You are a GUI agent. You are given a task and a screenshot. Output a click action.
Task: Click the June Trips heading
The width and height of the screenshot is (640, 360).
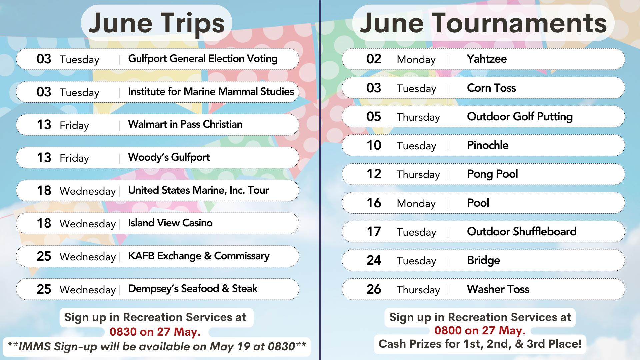tap(157, 23)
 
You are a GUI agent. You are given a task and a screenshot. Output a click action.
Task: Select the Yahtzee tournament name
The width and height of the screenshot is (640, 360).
tap(487, 59)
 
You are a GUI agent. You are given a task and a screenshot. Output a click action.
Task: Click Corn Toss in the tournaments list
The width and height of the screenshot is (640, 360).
tap(491, 88)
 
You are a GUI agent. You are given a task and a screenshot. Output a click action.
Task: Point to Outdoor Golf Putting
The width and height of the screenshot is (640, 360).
tap(520, 117)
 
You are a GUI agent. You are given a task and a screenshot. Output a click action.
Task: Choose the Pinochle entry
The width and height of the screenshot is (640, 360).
tap(488, 145)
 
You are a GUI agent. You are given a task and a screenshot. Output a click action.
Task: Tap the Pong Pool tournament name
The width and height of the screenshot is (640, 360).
tap(492, 174)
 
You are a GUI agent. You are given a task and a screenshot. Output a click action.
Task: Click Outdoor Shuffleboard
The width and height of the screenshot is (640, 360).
tap(522, 231)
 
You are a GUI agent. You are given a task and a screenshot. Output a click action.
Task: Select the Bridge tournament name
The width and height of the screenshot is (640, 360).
tap(483, 260)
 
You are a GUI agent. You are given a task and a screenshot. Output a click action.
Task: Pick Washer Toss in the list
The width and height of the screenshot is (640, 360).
tap(498, 289)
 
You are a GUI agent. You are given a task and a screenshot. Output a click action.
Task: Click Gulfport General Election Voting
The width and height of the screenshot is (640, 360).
tap(203, 59)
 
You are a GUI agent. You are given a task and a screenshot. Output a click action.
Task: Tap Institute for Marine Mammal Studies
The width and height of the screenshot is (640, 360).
tap(211, 91)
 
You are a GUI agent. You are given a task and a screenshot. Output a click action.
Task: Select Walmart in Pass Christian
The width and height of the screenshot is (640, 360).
tap(185, 124)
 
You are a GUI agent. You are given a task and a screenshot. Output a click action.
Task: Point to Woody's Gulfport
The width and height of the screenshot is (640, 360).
tap(169, 157)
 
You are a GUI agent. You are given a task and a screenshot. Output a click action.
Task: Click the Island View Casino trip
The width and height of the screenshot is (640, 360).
tap(170, 223)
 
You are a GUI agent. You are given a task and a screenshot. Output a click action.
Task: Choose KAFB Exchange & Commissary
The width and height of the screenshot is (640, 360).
tap(199, 256)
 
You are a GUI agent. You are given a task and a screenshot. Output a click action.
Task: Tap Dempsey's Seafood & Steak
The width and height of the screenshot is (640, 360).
tap(193, 289)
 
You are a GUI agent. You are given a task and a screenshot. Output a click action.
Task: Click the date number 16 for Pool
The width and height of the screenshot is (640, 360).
tap(374, 203)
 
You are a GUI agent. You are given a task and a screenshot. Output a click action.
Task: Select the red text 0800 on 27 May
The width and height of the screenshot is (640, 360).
tap(480, 330)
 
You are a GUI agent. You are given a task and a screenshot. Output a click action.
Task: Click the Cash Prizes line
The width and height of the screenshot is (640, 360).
tap(480, 344)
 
